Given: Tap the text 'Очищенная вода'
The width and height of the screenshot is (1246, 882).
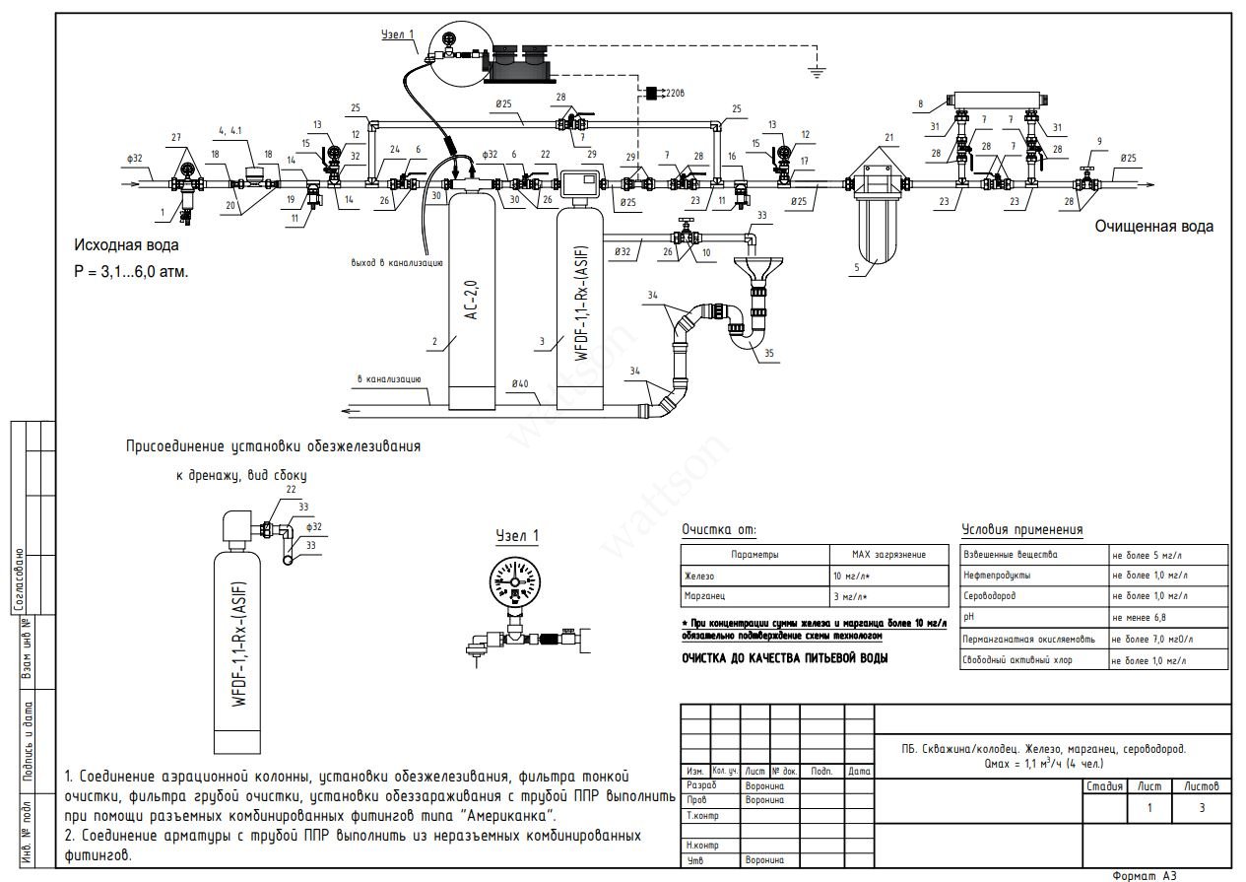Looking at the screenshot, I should coord(1154,227).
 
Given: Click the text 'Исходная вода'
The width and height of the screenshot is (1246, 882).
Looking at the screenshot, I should coord(126,245).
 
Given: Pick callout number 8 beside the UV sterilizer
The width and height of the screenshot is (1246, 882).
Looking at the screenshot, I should coord(920,102).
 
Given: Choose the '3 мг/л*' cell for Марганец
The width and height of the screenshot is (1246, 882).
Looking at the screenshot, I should coord(854,597).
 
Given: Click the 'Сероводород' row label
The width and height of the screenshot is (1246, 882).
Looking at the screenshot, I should coord(990,597).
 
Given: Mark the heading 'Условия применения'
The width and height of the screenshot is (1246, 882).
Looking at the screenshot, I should coord(1021,530).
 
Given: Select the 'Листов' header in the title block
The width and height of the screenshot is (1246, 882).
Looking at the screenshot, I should coord(1202,786).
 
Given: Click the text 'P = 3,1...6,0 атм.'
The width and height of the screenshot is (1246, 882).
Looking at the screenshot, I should coord(130,271).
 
